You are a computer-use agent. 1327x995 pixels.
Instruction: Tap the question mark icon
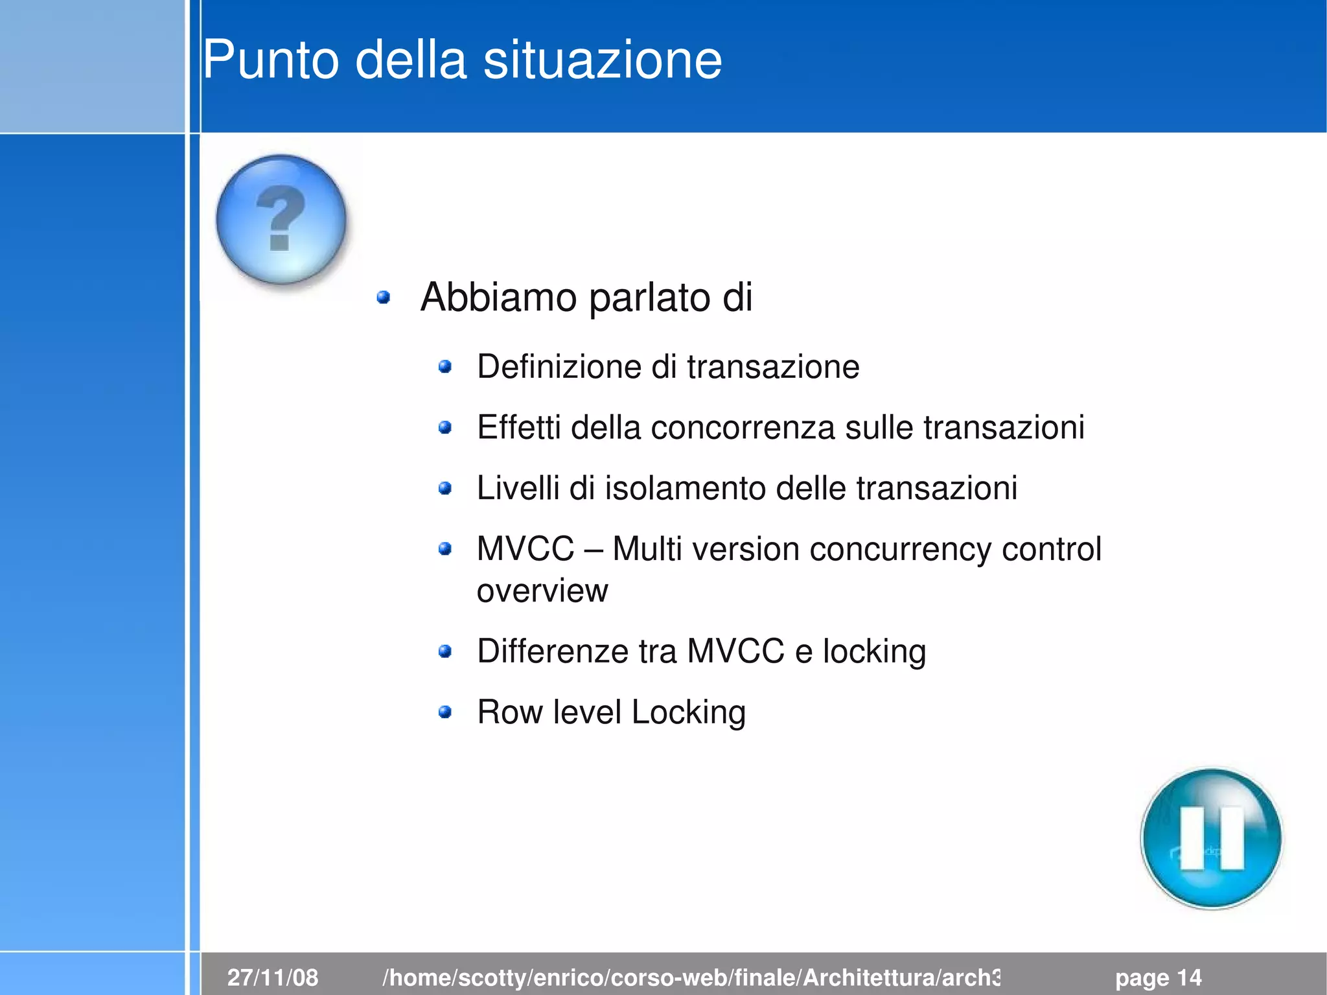tap(281, 219)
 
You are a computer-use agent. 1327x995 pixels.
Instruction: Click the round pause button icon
tap(1211, 838)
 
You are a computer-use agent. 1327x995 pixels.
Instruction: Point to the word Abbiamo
tap(498, 298)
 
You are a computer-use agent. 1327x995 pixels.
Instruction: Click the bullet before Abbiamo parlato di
tap(384, 298)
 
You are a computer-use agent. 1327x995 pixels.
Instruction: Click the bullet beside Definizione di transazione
tap(444, 368)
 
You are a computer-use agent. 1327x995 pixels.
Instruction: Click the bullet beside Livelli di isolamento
tap(444, 488)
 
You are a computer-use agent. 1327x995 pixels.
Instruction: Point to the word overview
tap(542, 591)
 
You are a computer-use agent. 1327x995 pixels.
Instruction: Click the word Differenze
tap(552, 651)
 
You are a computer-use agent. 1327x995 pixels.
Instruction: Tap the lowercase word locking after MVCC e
tap(874, 651)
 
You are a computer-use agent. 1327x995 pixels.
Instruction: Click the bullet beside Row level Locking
tap(444, 712)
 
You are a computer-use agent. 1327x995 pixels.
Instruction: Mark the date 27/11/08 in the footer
tap(273, 977)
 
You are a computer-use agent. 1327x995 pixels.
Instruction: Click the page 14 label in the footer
tap(1158, 977)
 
